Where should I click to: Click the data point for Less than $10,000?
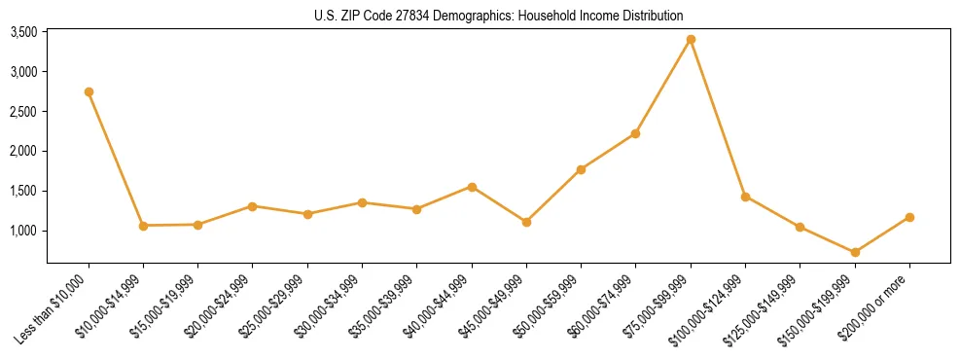[x=89, y=91]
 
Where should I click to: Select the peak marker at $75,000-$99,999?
[x=691, y=39]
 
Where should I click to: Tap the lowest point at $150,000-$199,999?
[x=855, y=252]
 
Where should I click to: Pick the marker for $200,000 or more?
[x=909, y=217]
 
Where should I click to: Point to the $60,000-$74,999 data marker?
[x=636, y=133]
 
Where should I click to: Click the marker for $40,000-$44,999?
[x=472, y=187]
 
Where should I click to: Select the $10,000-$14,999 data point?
[x=143, y=226]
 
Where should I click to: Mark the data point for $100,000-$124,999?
[x=745, y=197]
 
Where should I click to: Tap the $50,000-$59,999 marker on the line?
[x=581, y=169]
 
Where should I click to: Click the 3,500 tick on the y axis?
[x=23, y=32]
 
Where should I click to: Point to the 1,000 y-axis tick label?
[x=23, y=231]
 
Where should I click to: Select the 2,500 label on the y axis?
[x=23, y=112]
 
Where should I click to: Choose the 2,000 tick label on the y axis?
[x=23, y=152]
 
